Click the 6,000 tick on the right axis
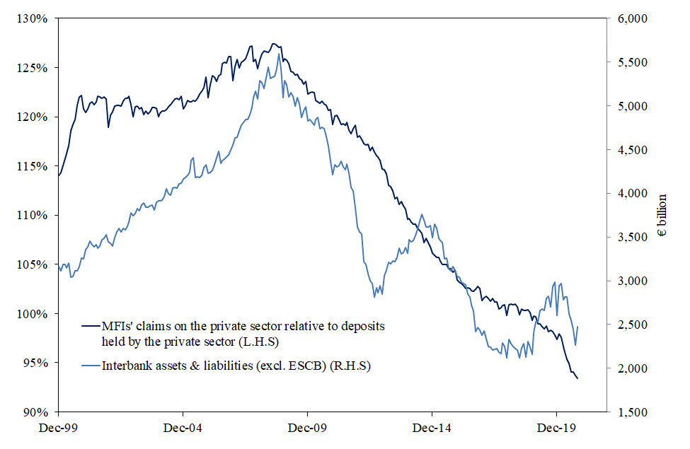[x=628, y=18]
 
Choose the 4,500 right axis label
[x=628, y=150]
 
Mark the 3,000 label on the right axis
[x=628, y=281]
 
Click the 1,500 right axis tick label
[x=628, y=412]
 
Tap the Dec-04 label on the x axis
[x=183, y=428]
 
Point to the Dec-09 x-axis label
[x=307, y=428]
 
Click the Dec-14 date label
[x=432, y=428]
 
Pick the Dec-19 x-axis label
[x=556, y=428]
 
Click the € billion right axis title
[x=662, y=215]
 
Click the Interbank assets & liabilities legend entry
[x=237, y=366]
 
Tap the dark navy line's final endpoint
[x=577, y=378]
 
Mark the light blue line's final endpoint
[x=578, y=327]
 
